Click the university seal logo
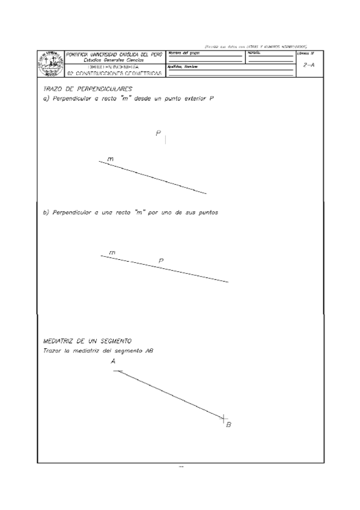tap(50, 63)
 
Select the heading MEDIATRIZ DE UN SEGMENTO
tap(84, 341)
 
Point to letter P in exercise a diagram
tap(158, 134)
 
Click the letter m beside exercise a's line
tap(111, 159)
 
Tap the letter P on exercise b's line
tap(161, 260)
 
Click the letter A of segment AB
tap(113, 361)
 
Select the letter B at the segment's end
tap(228, 425)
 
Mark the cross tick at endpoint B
tap(223, 416)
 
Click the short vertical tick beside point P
tap(165, 140)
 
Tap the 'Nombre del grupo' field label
tap(183, 53)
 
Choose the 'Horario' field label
tap(253, 53)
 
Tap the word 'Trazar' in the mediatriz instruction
tap(53, 351)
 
